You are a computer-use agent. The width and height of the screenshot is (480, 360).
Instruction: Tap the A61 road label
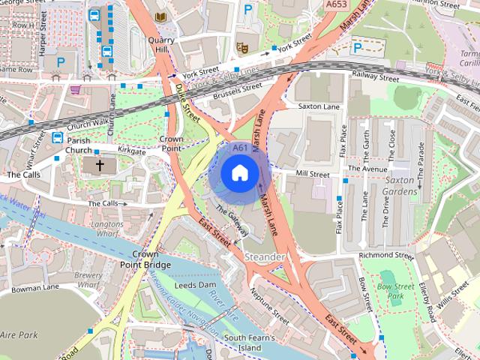pos(240,148)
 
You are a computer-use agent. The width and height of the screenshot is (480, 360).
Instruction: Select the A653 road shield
pos(337,4)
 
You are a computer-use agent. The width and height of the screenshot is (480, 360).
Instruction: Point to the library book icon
pos(160,16)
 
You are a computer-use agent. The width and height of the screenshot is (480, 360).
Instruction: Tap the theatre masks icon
pos(242,47)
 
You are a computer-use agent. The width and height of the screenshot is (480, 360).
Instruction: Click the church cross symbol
pos(99,165)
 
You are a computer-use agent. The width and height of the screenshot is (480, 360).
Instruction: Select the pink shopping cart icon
pos(75,89)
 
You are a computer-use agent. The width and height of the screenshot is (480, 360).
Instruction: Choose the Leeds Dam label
pos(195,286)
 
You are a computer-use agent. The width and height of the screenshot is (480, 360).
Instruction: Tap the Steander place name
pos(265,257)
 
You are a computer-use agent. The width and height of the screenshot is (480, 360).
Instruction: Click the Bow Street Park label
pos(395,291)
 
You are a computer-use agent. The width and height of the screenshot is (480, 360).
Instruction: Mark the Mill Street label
pos(313,174)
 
